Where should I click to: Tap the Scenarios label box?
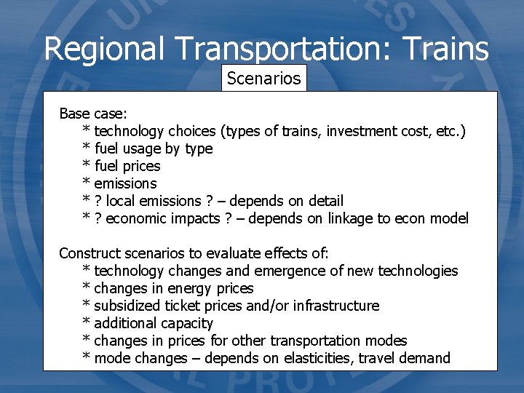[263, 78]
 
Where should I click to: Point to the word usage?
[140, 148]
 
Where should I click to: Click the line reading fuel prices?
[127, 166]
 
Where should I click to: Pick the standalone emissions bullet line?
[125, 183]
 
